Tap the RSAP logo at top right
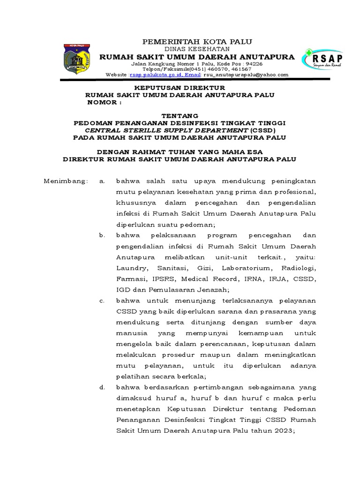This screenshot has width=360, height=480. pos(323,60)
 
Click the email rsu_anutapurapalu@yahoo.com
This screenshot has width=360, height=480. pos(245,75)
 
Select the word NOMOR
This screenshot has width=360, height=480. pos(103,102)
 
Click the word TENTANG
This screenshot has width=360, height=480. pos(180,115)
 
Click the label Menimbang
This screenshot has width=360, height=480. pos(65,181)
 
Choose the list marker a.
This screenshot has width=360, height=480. pos(102,181)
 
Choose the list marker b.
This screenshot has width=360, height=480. pos(102,235)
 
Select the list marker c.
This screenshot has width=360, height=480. pos(102,300)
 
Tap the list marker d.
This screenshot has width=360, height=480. pos(102,388)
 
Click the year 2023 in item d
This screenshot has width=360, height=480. pos(282,431)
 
